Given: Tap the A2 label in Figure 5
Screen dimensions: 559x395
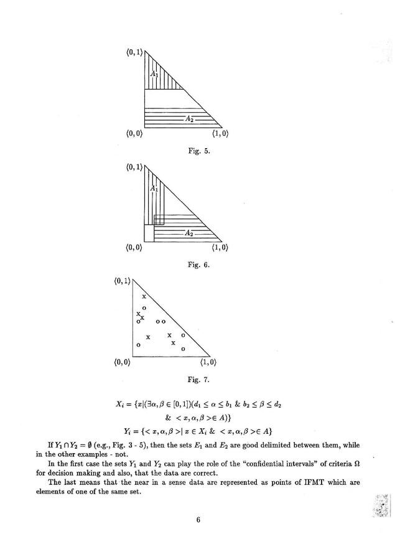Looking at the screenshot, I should pyautogui.click(x=188, y=118).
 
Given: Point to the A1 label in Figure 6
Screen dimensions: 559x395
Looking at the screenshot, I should pyautogui.click(x=154, y=188).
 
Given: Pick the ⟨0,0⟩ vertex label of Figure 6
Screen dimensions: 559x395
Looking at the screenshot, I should pyautogui.click(x=134, y=248).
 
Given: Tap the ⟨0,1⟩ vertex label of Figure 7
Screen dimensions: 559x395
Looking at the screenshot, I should pyautogui.click(x=124, y=281).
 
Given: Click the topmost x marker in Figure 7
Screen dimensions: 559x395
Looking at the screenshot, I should pyautogui.click(x=144, y=297).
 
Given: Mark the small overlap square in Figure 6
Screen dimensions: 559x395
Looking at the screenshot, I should pyautogui.click(x=159, y=219).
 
